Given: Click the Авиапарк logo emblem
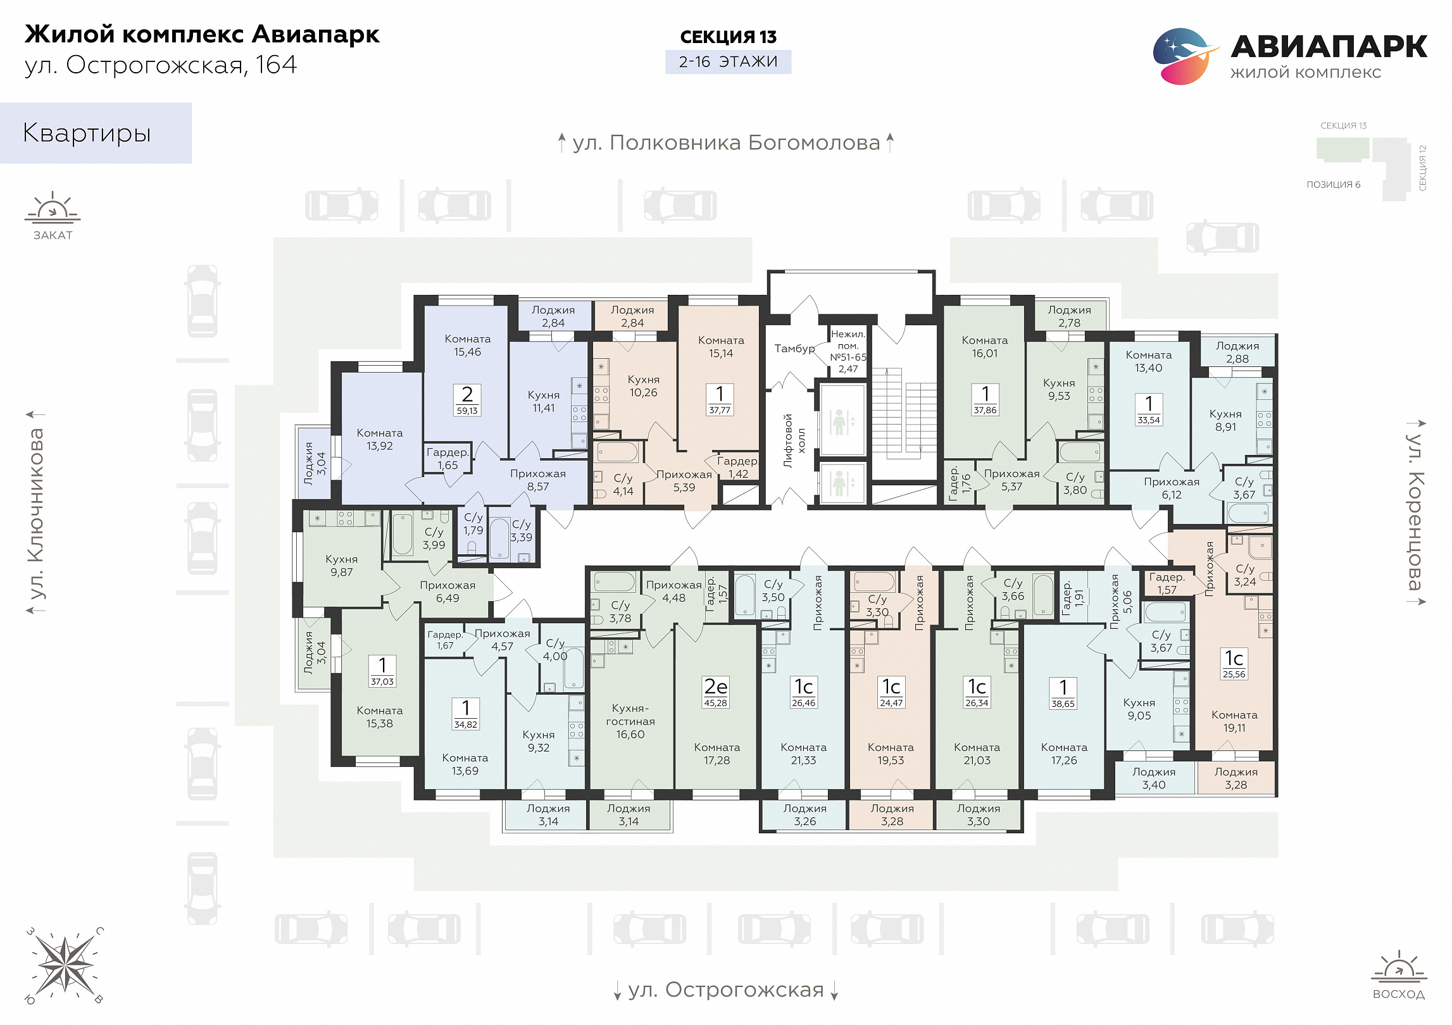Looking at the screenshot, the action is pos(1186,56).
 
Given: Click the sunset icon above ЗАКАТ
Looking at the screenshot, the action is pos(53,208).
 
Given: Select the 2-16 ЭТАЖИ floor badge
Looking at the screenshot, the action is pos(728,62).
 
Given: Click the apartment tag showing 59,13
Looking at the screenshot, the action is pos(467,400).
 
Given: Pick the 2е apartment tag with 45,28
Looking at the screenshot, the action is pos(716,692).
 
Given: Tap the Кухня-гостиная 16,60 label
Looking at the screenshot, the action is pos(630,721).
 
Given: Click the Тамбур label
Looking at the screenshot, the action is pos(794,349).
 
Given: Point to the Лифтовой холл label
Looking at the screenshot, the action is pos(794,440).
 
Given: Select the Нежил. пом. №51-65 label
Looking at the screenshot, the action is pos(848,351).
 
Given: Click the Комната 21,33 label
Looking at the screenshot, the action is pos(803,754).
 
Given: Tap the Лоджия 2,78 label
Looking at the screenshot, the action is pos(1069,316).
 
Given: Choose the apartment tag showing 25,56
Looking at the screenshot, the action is pos(1234,664).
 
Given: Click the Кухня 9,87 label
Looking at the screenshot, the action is pos(341,566).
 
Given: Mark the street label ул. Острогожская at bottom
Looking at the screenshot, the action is pos(726,990).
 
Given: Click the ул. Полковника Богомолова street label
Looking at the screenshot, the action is pos(726,142).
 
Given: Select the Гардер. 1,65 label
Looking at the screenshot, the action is pos(447,459).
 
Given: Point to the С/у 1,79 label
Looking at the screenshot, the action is pos(473,524).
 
